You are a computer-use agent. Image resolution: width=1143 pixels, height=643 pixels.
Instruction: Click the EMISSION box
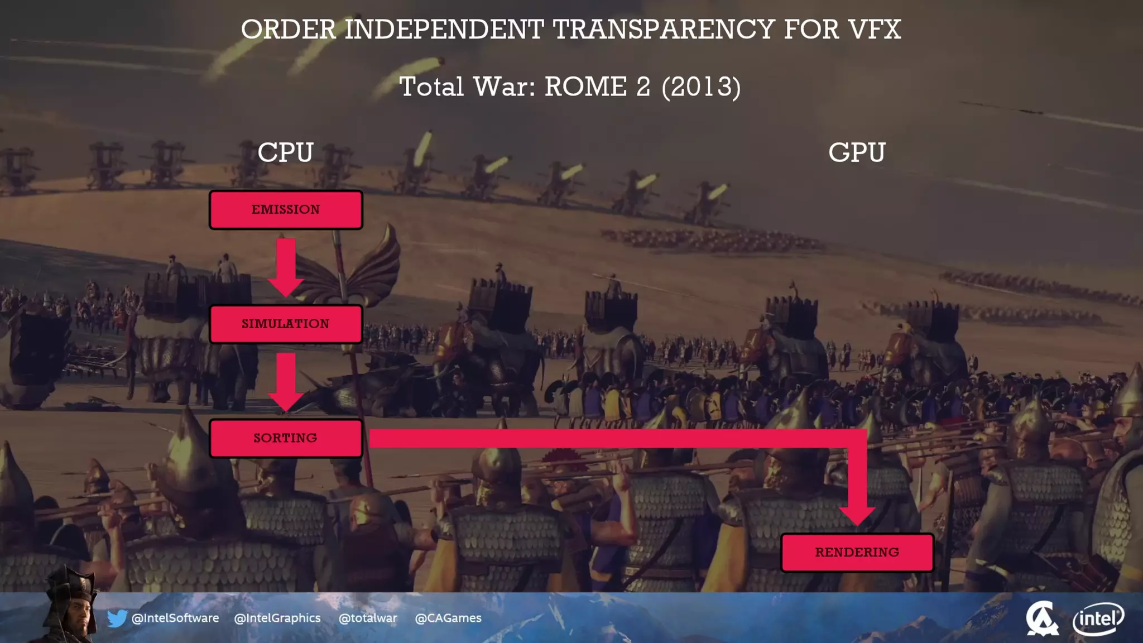(x=286, y=210)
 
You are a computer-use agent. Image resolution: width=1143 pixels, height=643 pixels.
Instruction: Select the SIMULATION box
(x=286, y=324)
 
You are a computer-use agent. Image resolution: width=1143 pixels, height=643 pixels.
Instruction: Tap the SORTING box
(x=286, y=438)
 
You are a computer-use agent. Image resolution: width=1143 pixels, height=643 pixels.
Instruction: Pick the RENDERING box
(x=857, y=553)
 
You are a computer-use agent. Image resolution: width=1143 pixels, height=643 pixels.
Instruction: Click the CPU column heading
(x=286, y=152)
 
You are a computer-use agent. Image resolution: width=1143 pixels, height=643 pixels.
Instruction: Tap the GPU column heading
(x=857, y=152)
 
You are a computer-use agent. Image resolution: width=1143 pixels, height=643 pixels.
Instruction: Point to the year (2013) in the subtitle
(x=701, y=87)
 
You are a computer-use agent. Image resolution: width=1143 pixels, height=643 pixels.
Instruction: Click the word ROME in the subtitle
(x=585, y=87)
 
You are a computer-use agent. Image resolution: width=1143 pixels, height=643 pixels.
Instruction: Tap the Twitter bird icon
(x=117, y=618)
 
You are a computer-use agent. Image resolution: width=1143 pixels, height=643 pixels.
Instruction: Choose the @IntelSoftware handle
(x=175, y=618)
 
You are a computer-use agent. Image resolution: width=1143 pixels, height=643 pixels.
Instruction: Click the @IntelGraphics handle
(x=277, y=618)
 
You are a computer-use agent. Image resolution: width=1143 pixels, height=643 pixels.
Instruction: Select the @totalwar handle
(x=368, y=618)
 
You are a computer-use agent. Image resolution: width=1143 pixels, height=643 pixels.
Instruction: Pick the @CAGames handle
(x=448, y=618)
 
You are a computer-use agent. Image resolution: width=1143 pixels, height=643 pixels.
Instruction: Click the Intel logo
(x=1098, y=618)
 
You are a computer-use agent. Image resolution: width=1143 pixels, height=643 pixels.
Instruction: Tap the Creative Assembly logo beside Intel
(x=1041, y=618)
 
